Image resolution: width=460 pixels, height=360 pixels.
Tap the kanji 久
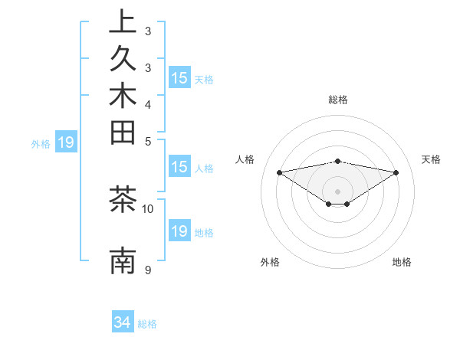(123, 60)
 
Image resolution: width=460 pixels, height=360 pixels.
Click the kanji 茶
(123, 200)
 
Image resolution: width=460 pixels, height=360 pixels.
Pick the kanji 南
(123, 261)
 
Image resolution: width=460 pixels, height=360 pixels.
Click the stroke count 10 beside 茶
(148, 208)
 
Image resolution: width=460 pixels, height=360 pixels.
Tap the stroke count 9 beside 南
(148, 270)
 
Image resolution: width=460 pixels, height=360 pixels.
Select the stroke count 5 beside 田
(148, 141)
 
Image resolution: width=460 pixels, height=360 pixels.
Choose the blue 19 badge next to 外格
(66, 142)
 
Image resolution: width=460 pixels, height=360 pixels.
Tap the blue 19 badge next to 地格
(179, 232)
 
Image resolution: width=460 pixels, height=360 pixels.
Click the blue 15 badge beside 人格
(179, 168)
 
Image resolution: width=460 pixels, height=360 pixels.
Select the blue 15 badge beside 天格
(179, 78)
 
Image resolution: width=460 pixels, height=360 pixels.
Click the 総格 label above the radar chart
(338, 100)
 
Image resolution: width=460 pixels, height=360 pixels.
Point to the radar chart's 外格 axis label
(270, 263)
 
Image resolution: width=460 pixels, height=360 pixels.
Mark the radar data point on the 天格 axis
(396, 172)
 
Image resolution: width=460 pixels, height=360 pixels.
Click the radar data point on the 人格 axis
(279, 172)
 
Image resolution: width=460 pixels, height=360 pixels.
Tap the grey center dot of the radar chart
(338, 191)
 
